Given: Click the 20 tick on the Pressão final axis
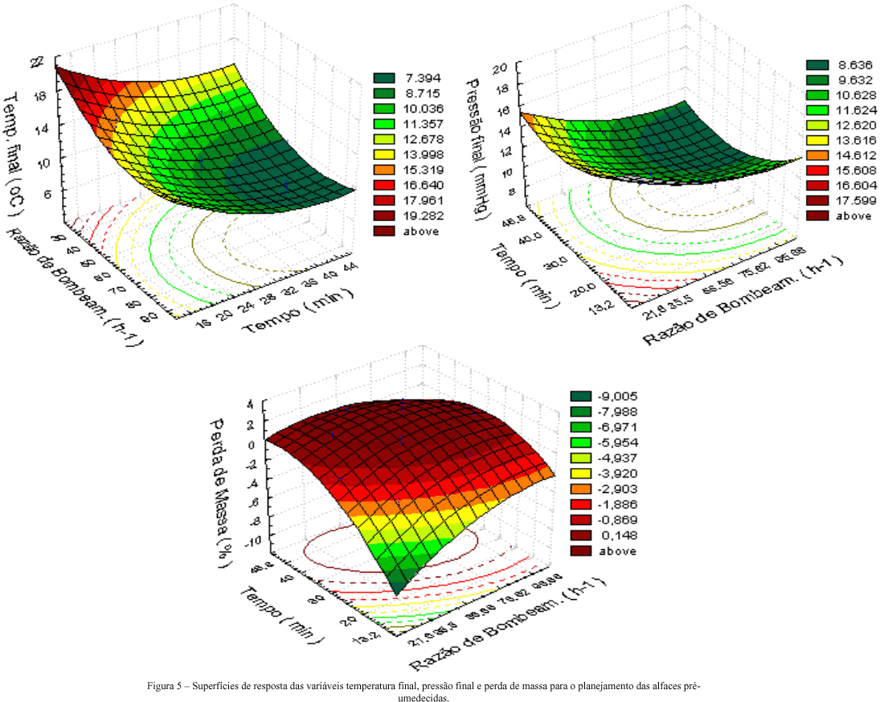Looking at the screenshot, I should point(499,68).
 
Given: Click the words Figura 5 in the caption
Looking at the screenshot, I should point(165,686).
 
